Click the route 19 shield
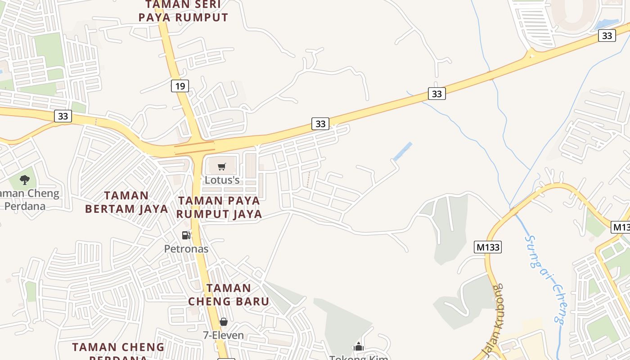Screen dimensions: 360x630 [180, 86]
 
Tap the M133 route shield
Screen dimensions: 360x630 [488, 247]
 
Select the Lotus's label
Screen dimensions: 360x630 [222, 180]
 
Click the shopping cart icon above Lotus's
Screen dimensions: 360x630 [221, 167]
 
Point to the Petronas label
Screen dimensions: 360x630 [186, 249]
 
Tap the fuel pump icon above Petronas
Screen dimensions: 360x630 [186, 235]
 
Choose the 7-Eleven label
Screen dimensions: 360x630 [223, 335]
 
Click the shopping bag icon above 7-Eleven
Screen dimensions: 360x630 [223, 322]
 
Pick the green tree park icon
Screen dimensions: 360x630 [25, 180]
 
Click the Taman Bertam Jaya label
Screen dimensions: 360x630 [126, 202]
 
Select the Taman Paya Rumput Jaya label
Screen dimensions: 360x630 [219, 207]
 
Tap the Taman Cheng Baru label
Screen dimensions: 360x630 [229, 294]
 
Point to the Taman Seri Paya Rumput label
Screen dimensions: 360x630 [183, 11]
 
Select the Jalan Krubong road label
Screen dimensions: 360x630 [492, 320]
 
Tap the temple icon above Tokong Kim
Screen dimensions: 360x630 [359, 346]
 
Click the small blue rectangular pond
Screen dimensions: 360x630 [403, 152]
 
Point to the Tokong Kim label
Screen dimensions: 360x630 [359, 357]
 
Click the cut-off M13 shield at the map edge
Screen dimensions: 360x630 [621, 227]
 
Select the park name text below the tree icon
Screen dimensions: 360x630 [30, 200]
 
